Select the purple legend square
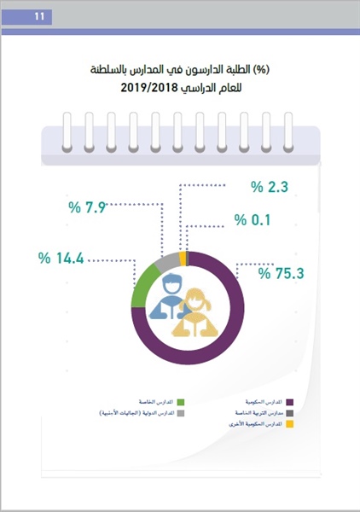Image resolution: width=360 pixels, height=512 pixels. pyautogui.click(x=289, y=401)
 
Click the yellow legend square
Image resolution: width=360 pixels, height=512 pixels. pyautogui.click(x=289, y=424)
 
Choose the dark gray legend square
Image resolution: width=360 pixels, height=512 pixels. pyautogui.click(x=289, y=413)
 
